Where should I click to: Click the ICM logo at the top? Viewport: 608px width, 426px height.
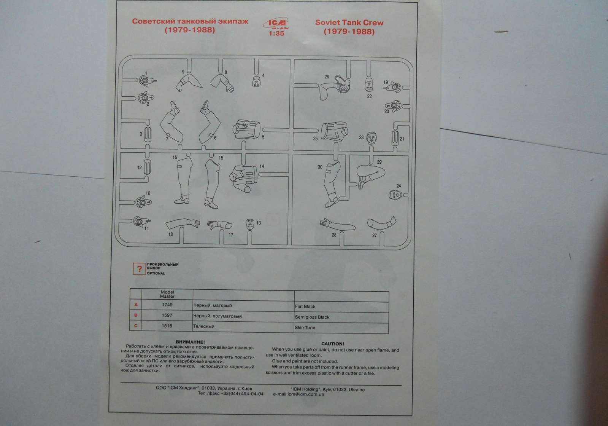pyautogui.click(x=273, y=24)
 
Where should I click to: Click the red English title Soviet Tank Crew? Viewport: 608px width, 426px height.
pyautogui.click(x=349, y=22)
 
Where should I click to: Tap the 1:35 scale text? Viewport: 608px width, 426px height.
pyautogui.click(x=276, y=34)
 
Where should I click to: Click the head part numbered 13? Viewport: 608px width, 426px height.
pyautogui.click(x=250, y=223)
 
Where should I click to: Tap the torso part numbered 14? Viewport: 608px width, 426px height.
pyautogui.click(x=244, y=177)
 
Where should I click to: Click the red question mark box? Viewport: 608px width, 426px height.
pyautogui.click(x=139, y=269)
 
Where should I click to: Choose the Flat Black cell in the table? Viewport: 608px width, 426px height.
pyautogui.click(x=305, y=306)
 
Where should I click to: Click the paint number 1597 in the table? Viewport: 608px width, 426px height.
pyautogui.click(x=167, y=316)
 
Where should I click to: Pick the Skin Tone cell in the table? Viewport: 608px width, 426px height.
pyautogui.click(x=305, y=327)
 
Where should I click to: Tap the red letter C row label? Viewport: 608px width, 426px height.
pyautogui.click(x=136, y=326)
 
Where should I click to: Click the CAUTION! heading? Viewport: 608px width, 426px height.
pyautogui.click(x=332, y=344)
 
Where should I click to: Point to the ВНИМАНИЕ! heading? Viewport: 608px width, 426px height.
pyautogui.click(x=190, y=342)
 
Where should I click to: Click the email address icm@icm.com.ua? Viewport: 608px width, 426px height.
pyautogui.click(x=298, y=395)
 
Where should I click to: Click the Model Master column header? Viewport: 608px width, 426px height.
pyautogui.click(x=167, y=294)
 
